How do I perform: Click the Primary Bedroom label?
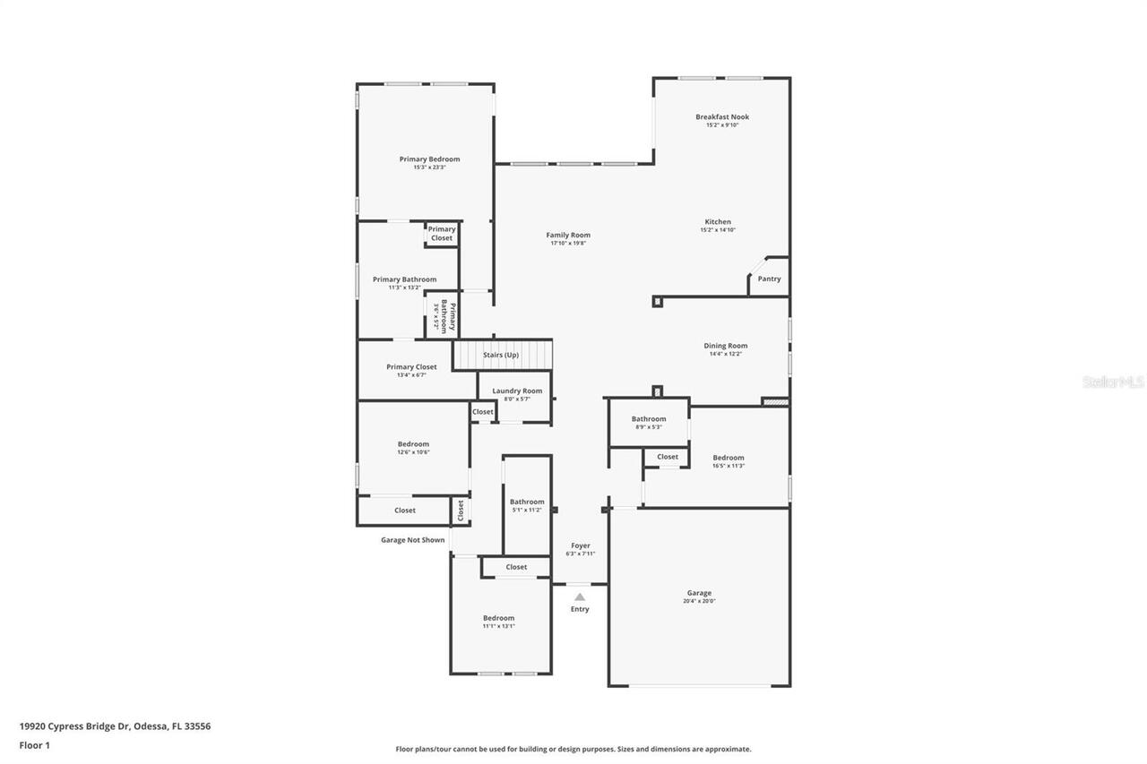pos(429,159)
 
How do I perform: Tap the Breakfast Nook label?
pos(722,117)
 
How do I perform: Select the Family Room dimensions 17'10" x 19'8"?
pos(568,244)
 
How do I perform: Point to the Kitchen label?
pos(717,222)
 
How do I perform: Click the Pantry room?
pos(769,279)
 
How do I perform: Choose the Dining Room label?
pos(725,346)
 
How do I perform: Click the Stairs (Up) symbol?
pos(501,355)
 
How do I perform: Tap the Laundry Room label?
pos(517,391)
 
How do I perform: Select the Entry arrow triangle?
pos(580,597)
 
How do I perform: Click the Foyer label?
pos(581,545)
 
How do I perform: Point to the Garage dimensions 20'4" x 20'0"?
pos(699,601)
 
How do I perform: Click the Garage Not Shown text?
pos(412,540)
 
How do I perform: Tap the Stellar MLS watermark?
pos(1113,382)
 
